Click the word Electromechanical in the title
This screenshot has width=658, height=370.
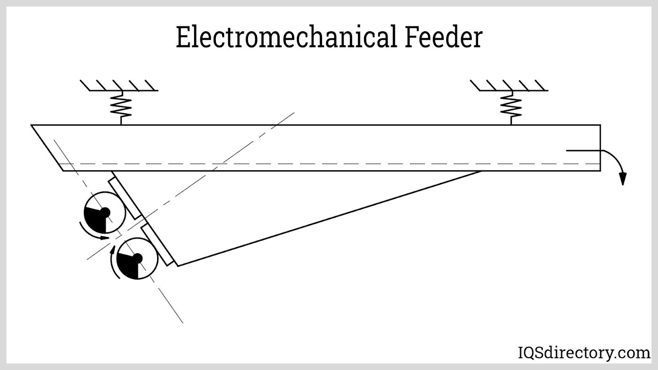[286, 37]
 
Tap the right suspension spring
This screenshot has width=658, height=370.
[511, 107]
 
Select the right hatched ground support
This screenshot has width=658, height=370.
[509, 86]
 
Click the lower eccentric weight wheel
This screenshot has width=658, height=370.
[137, 259]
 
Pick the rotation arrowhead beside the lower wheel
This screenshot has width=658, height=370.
[112, 250]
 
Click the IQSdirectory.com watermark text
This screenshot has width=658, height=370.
[583, 352]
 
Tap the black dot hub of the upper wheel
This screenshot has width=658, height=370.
[105, 212]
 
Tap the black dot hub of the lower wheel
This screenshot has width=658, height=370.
[138, 258]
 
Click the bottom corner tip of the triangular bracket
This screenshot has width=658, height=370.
[178, 266]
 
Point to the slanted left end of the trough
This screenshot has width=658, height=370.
[47, 148]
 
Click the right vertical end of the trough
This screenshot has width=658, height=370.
[600, 148]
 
